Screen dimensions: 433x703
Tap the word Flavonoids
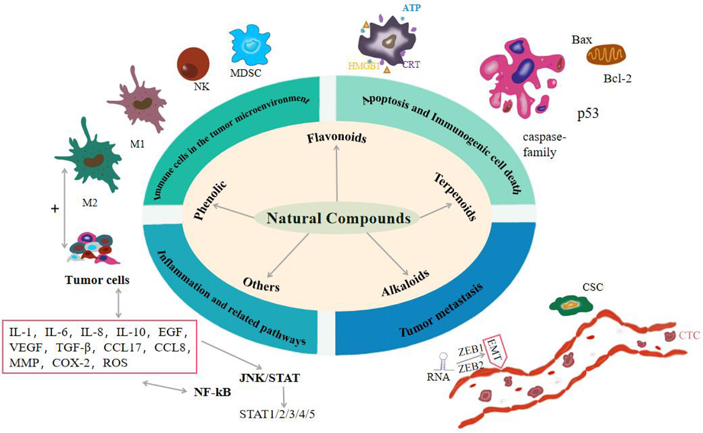[336, 138]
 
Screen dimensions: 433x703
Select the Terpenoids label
[455, 196]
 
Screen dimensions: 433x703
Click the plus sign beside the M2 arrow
[54, 209]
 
